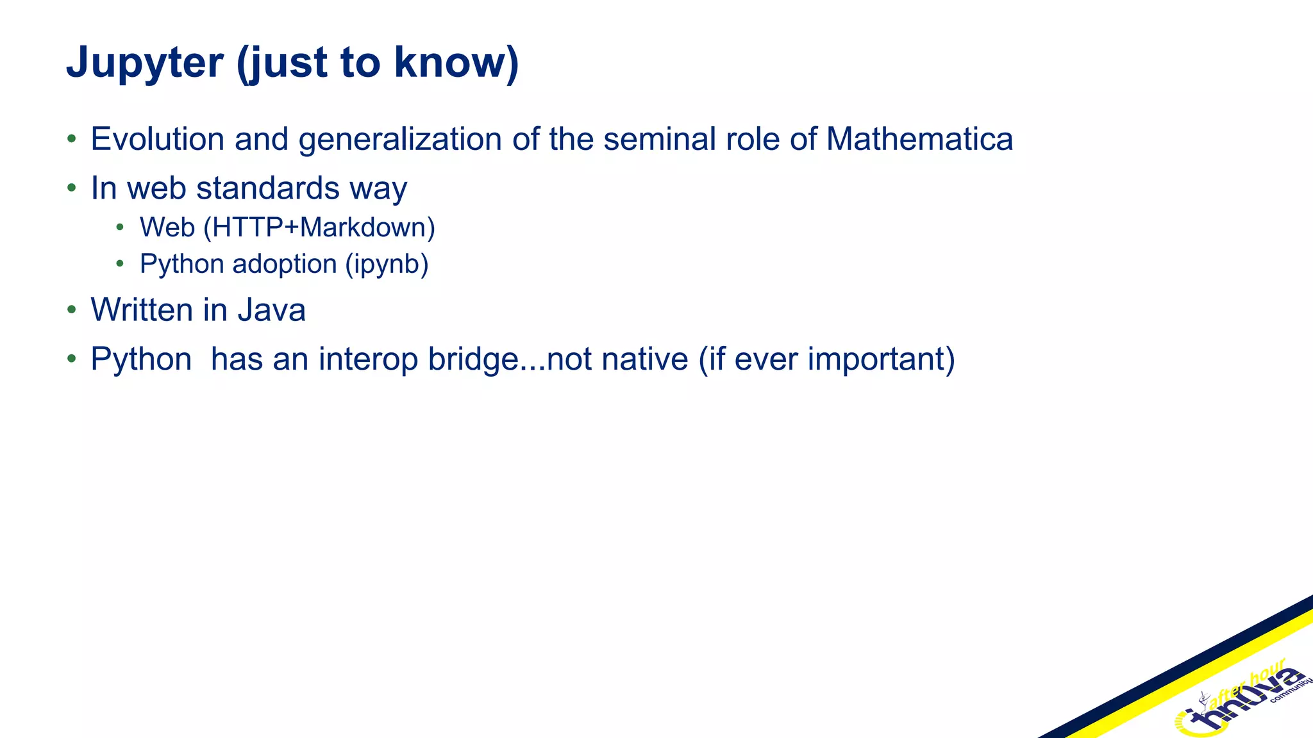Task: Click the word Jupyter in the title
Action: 145,63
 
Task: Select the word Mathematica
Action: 919,139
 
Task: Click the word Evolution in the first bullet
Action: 157,139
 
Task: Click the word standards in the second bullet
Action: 268,188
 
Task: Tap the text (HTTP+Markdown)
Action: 319,227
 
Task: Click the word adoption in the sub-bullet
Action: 285,264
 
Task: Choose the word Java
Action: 271,310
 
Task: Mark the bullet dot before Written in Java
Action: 72,310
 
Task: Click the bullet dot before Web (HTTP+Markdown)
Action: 120,227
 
